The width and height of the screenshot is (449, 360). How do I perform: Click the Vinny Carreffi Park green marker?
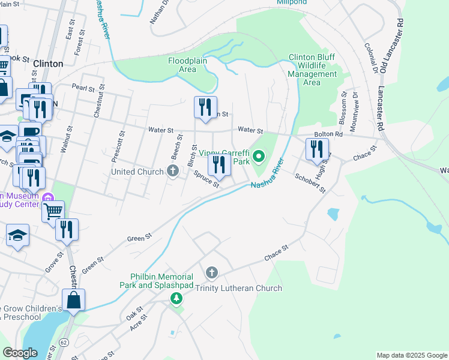259,158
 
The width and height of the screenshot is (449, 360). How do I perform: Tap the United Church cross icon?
173,172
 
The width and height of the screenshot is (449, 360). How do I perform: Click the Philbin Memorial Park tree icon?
176,298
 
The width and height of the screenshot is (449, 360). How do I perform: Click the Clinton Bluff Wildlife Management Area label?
312,70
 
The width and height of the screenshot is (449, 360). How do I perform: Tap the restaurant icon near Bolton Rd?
317,149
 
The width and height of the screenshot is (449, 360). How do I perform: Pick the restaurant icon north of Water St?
205,107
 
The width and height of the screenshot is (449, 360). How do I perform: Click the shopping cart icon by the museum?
53,211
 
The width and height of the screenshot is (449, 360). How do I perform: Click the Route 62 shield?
64,341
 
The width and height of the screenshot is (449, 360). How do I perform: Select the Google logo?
20,353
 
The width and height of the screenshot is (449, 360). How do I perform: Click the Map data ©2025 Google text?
411,355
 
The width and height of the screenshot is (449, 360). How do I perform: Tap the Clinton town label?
48,64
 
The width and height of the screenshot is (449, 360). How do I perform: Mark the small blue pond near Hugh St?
333,214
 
